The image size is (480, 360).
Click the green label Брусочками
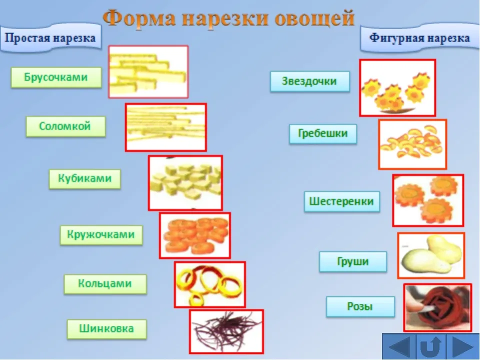click(56, 77)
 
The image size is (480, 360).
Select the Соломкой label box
click(65, 126)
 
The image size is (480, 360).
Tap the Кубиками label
click(85, 179)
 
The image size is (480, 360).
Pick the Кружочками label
click(101, 235)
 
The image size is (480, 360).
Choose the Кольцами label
click(105, 284)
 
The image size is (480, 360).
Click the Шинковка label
click(107, 329)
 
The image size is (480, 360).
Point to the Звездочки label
click(310, 81)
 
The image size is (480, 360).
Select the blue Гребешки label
click(323, 134)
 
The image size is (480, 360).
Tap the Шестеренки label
click(341, 201)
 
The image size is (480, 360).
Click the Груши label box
click(353, 261)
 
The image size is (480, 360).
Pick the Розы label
click(360, 306)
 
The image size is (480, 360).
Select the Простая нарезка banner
click(50, 38)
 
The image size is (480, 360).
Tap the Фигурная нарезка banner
click(420, 38)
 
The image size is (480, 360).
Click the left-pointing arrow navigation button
click(399, 346)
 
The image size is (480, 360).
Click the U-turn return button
click(430, 346)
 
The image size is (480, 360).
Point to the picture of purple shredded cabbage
click(226, 331)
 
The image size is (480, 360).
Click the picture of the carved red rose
click(437, 307)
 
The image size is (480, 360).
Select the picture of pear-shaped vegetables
click(431, 255)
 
